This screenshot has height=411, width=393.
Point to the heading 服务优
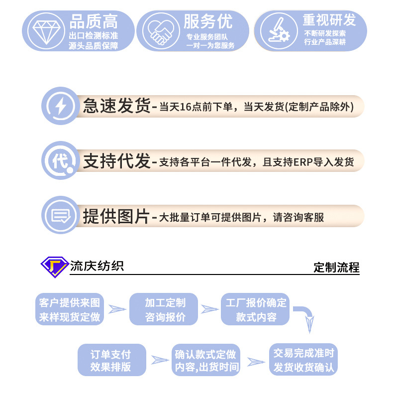(208, 21)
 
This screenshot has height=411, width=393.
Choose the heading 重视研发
(329, 20)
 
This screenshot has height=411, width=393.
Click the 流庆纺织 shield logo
(54, 267)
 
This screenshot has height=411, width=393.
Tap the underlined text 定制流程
(336, 268)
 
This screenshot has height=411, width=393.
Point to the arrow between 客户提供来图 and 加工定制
(117, 309)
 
